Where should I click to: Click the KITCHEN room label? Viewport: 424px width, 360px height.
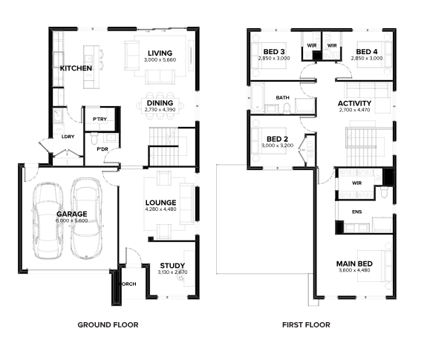76,68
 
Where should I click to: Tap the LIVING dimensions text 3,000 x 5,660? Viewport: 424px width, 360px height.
160,60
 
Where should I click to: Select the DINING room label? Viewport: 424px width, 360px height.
160,103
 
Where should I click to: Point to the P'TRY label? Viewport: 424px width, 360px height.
100,120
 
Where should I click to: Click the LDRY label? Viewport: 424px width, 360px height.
68,137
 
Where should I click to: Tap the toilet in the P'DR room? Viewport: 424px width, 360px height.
94,138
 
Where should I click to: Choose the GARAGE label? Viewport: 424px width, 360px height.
72,214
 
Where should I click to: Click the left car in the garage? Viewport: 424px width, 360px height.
48,220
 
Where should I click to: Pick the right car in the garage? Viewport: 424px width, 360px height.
87,218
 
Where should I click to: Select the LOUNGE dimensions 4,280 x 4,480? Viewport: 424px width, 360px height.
160,209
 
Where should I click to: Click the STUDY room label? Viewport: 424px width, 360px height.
172,266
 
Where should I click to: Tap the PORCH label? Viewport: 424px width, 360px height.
128,284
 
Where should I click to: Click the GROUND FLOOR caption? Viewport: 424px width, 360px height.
108,325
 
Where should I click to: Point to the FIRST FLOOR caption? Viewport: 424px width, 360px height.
306,325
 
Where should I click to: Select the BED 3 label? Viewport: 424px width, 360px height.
274,52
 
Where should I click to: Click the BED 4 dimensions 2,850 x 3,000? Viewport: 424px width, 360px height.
367,59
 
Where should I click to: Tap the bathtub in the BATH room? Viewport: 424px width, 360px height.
258,97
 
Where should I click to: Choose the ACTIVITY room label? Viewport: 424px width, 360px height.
354,103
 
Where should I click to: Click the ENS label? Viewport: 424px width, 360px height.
357,212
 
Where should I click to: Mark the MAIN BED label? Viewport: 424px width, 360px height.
354,264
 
